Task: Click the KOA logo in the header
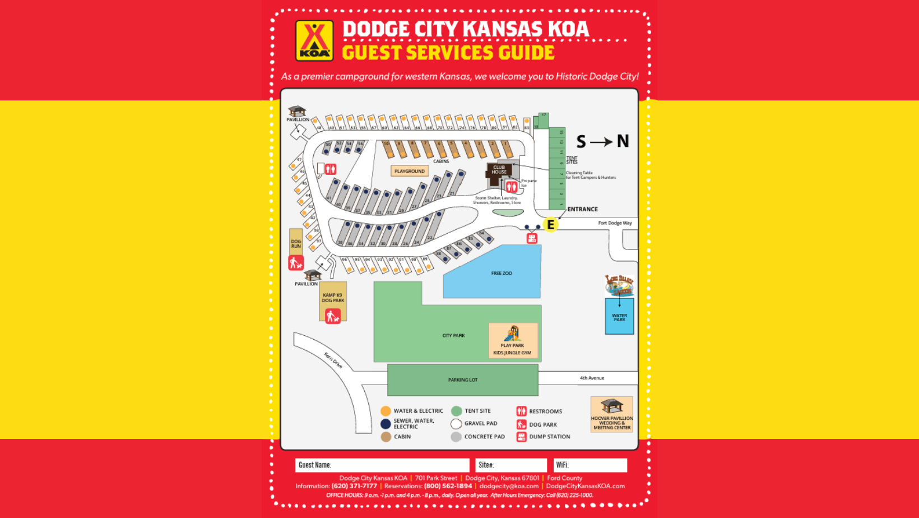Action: [x=314, y=40]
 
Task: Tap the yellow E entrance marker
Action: [x=551, y=225]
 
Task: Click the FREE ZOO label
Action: [x=502, y=274]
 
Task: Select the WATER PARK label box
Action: [x=619, y=317]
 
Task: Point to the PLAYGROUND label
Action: [x=410, y=171]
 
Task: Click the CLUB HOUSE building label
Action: [x=499, y=169]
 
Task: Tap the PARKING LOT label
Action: [x=463, y=380]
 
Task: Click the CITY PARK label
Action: [x=453, y=336]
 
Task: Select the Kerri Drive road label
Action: [x=333, y=360]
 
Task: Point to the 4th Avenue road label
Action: [x=592, y=378]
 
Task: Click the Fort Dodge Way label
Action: [x=615, y=223]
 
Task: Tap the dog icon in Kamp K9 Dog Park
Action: [x=333, y=316]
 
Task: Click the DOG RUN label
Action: [x=296, y=243]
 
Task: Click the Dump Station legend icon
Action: [x=521, y=437]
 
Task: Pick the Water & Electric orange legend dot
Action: [x=386, y=411]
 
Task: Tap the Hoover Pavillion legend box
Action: [x=612, y=414]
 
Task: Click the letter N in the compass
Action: [x=623, y=141]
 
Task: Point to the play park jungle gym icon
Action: [x=512, y=334]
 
